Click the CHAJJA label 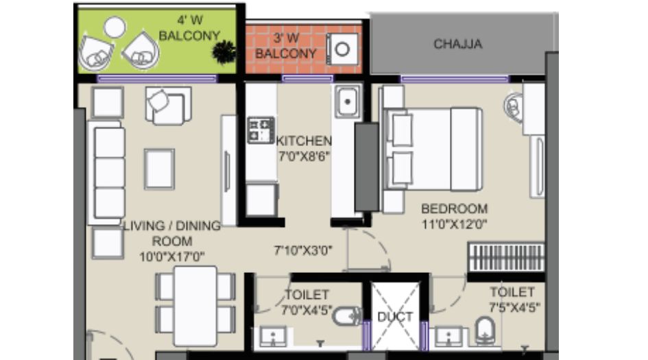click(x=458, y=44)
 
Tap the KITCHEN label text click(x=304, y=141)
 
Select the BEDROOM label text click(x=454, y=208)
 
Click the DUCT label click(x=395, y=317)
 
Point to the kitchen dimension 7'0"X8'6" click(x=304, y=156)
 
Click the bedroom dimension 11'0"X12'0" click(x=454, y=224)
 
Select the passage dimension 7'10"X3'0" click(x=303, y=250)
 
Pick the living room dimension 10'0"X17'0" click(x=172, y=256)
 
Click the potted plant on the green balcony click(x=224, y=52)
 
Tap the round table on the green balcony click(x=115, y=27)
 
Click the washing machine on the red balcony click(x=342, y=49)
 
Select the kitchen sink click(x=347, y=101)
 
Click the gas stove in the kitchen click(x=261, y=130)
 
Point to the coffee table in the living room click(x=160, y=169)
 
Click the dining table click(x=195, y=306)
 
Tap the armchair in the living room click(x=168, y=106)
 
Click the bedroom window click(x=455, y=79)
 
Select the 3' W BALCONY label click(x=286, y=46)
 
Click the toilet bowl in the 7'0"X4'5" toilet click(x=347, y=317)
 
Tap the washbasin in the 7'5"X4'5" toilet click(x=449, y=337)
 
